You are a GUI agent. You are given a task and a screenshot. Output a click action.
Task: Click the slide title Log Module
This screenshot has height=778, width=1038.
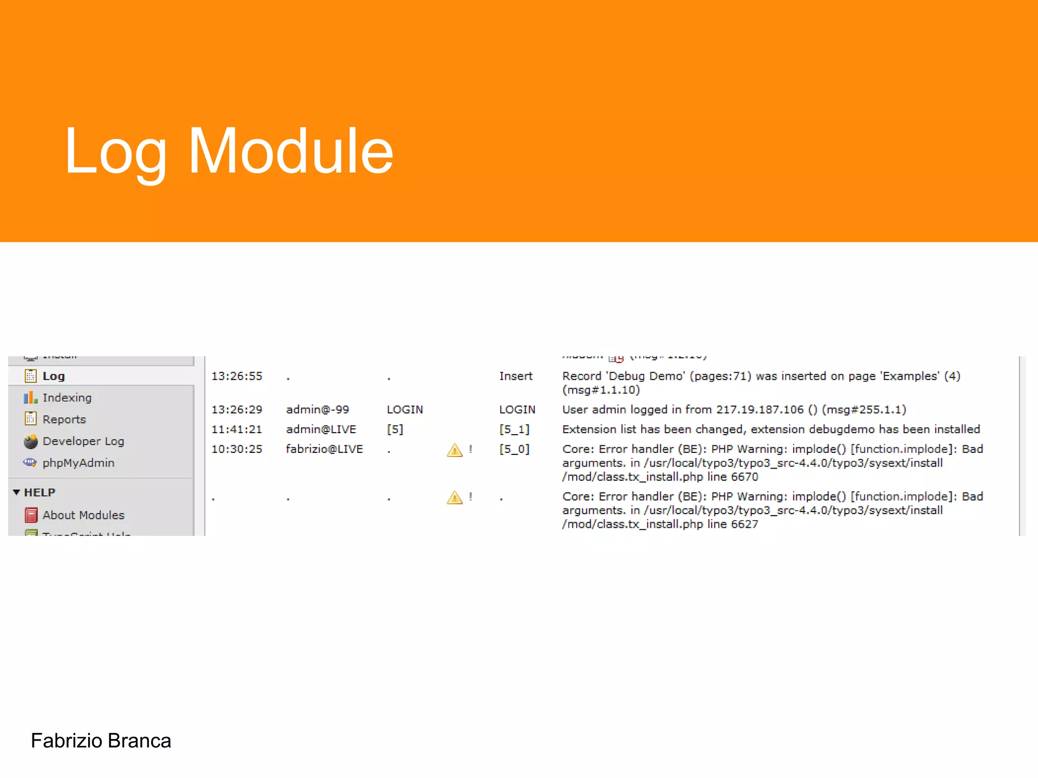pos(229,151)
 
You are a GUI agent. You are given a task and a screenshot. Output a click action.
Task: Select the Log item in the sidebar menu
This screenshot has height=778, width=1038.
pos(53,376)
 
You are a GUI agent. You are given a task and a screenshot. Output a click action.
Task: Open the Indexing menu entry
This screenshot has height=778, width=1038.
pos(67,398)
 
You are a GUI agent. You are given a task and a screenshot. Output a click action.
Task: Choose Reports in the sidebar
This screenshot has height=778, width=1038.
pos(64,419)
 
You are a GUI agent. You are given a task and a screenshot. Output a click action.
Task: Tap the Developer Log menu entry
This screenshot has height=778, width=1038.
pos(83,441)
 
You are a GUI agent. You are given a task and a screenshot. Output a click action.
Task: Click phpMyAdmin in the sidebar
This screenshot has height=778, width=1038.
pos(78,463)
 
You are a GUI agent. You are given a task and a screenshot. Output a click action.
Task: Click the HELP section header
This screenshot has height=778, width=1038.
pos(40,492)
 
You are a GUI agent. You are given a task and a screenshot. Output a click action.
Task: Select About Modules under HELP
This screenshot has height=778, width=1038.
pos(83,515)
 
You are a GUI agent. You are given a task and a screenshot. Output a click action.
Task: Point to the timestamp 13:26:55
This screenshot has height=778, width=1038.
pos(237,376)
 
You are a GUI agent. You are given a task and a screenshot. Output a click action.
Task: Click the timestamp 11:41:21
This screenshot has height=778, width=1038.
pos(237,430)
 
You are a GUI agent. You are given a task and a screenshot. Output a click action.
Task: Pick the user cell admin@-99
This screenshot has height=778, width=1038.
pos(317,409)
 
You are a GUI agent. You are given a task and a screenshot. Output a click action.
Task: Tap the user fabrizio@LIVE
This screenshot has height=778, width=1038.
pos(324,449)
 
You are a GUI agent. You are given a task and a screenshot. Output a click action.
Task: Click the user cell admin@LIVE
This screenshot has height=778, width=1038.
pos(321,430)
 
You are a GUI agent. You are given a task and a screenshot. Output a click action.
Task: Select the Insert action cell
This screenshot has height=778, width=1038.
pos(515,376)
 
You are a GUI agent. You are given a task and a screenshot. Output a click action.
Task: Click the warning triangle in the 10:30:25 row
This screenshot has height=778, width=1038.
pos(455,450)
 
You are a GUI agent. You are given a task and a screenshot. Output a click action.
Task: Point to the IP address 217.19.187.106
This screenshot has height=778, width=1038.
pos(760,409)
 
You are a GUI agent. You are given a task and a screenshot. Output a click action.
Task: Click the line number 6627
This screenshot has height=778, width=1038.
pos(745,524)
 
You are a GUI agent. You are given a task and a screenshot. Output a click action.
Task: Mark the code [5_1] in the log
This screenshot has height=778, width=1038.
pos(514,430)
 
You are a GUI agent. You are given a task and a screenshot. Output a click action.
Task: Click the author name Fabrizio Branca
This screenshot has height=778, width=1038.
pos(101,741)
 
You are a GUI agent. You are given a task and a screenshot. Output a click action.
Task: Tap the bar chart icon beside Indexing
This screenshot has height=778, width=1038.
pos(30,398)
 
